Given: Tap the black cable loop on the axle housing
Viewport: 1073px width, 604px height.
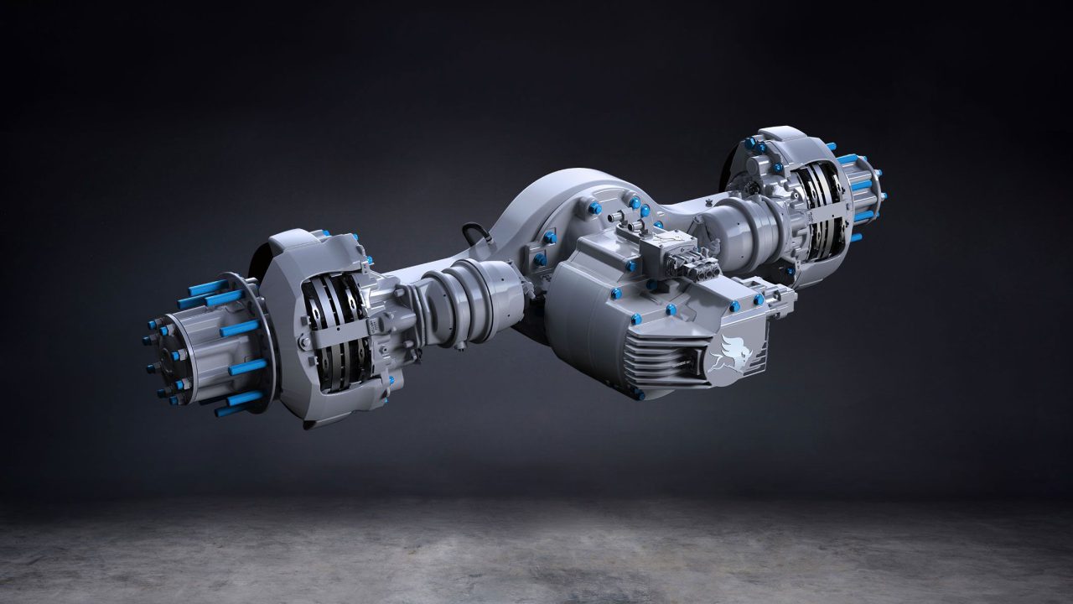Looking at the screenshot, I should (475, 234).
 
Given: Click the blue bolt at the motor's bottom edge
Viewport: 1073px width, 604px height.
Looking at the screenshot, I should (640, 393).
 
